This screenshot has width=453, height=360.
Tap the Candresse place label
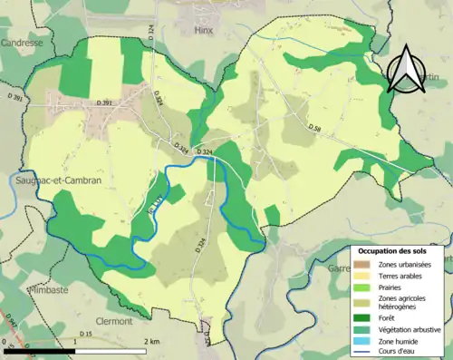23,43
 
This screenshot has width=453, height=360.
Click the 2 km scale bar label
153,340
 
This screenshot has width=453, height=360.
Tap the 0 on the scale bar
6,340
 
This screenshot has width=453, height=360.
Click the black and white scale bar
77,347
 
